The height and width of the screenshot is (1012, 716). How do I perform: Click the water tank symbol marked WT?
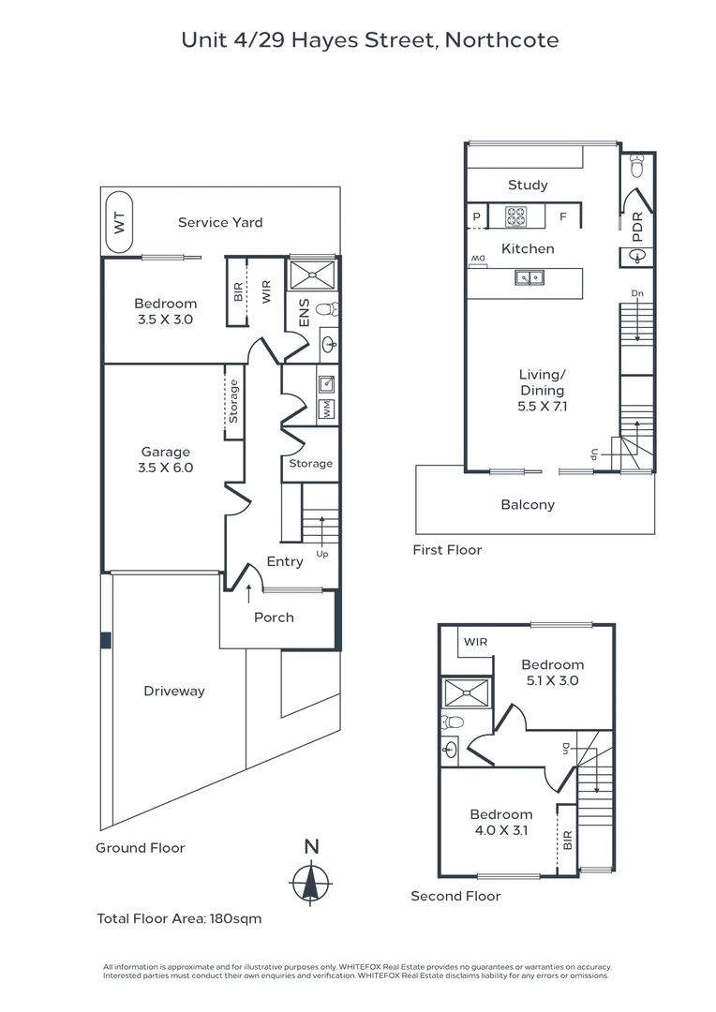[x=118, y=222]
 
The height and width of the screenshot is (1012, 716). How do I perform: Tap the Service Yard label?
[x=220, y=223]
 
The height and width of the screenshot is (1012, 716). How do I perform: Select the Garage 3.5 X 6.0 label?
[x=166, y=459]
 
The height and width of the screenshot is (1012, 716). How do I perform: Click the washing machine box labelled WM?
[x=327, y=409]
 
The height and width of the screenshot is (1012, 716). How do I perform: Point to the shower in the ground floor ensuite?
[x=311, y=275]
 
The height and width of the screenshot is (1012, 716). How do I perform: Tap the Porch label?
[x=274, y=618]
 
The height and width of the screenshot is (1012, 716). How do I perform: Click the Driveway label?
[x=173, y=692]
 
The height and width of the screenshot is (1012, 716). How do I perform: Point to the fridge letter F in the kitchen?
[x=563, y=217]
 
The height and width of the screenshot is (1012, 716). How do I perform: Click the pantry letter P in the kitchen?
[x=476, y=217]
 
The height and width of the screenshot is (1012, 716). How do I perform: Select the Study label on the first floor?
[x=528, y=186]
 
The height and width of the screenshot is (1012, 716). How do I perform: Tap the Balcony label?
[x=528, y=505]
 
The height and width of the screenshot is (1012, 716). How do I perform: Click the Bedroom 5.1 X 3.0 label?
[x=553, y=673]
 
